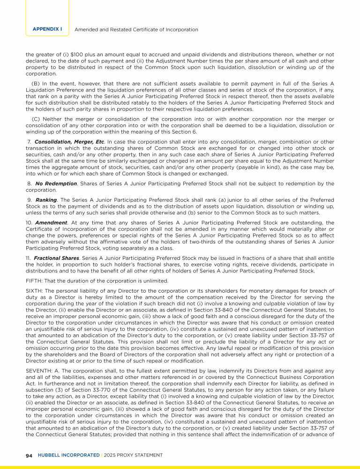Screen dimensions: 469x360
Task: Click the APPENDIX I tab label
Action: [47, 29]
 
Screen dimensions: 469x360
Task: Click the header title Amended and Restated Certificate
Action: [136, 30]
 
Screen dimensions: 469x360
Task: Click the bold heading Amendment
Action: [47, 223]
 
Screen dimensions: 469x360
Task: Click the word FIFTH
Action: [34, 280]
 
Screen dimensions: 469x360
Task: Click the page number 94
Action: [29, 455]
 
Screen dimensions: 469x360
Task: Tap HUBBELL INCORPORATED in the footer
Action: [67, 455]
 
